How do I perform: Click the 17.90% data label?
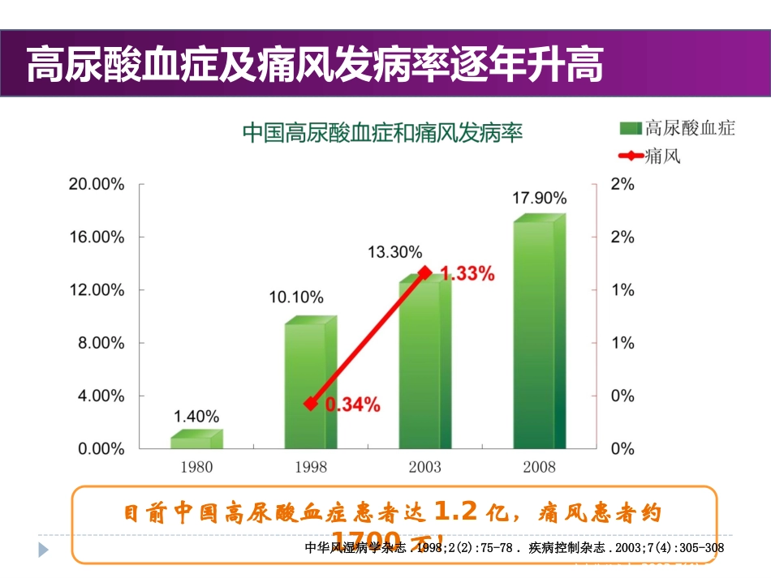(539, 197)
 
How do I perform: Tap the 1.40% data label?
(196, 417)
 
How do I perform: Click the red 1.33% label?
(467, 274)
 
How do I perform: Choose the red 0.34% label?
(352, 405)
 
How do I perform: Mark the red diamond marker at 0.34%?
(309, 403)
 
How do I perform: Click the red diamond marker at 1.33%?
(424, 273)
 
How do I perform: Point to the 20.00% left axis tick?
(97, 184)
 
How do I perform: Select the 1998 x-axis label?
(310, 467)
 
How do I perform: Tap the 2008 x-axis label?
(539, 467)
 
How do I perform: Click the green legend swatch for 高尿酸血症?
(631, 128)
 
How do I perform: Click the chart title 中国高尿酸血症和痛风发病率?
(383, 133)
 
